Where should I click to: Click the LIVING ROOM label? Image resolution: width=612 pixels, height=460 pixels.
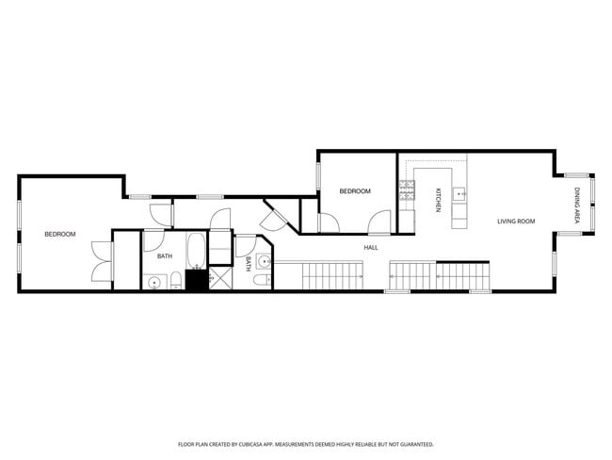516,222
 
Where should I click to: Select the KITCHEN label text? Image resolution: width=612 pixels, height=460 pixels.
438,201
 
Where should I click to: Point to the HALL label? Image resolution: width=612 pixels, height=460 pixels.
371,248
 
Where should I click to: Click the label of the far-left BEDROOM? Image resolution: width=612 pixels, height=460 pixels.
60,234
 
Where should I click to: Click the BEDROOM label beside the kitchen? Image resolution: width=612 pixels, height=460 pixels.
355,191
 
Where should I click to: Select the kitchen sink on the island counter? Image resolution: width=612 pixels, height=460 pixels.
459,195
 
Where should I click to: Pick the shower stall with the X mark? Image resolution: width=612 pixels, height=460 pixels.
220,279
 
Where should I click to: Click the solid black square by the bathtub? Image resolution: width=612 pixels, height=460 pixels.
197,280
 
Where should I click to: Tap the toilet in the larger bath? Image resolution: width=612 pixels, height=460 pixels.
174,279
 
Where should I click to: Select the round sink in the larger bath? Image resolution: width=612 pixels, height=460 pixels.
153,281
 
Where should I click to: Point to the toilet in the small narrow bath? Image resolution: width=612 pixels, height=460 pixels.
263,280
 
